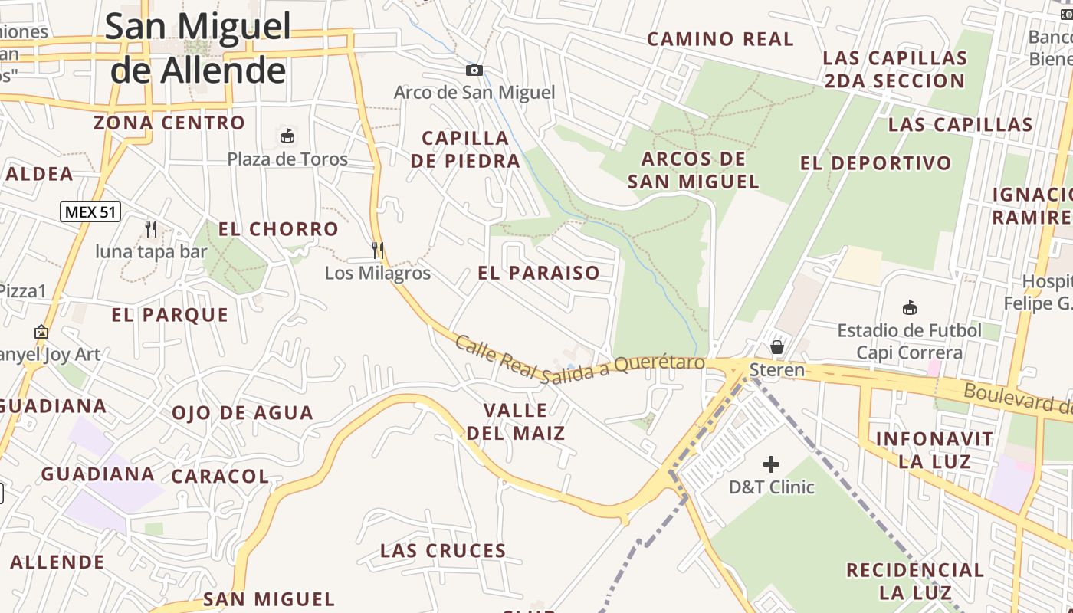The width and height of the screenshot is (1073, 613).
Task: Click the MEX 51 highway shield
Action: [x=90, y=211]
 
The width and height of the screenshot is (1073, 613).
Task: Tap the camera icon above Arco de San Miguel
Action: [x=474, y=70]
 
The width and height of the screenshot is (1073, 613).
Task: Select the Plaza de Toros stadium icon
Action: [x=287, y=136]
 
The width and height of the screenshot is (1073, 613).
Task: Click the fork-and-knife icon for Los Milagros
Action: [x=378, y=250]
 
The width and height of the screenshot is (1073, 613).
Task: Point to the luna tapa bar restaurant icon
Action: [x=151, y=228]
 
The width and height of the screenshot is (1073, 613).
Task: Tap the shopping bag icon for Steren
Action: [x=777, y=347]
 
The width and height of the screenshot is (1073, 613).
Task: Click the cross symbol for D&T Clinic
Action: [x=771, y=464]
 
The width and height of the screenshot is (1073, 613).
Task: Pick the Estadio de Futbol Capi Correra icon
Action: [x=909, y=308]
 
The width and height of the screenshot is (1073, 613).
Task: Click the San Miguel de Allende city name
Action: [x=199, y=48]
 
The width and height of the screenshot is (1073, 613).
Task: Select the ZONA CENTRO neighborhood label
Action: [x=169, y=123]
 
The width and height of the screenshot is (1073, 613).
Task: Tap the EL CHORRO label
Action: [x=278, y=229]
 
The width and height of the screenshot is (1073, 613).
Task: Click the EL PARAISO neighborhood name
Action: [x=539, y=273]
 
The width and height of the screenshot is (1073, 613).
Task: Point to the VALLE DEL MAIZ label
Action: [x=516, y=421]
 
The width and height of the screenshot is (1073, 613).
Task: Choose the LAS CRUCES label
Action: [x=443, y=551]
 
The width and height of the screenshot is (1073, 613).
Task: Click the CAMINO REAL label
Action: [x=720, y=39]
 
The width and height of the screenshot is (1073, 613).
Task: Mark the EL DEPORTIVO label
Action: [x=876, y=163]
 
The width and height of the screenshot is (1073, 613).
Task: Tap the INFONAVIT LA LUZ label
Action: [x=934, y=450]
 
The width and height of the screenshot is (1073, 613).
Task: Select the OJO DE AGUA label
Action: [x=242, y=413]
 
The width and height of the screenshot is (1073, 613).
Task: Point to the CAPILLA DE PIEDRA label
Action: [x=466, y=149]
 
